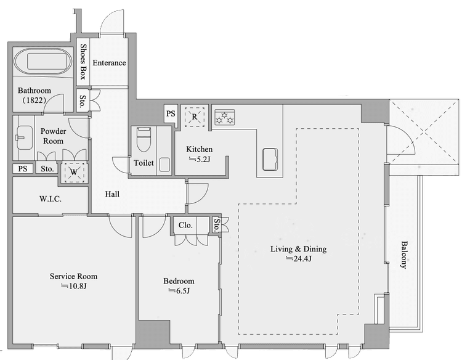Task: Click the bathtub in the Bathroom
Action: click(x=43, y=61)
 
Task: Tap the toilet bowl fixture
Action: click(x=144, y=139)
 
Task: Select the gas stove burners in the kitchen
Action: click(x=224, y=117)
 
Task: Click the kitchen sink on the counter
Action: click(x=270, y=160)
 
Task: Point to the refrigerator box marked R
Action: click(x=195, y=117)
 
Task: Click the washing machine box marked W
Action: click(x=74, y=171)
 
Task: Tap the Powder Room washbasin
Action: click(x=25, y=137)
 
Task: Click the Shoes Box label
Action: click(x=83, y=62)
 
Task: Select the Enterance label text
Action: click(x=109, y=62)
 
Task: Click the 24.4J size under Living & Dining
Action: click(x=299, y=258)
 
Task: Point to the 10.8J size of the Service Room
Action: click(x=74, y=285)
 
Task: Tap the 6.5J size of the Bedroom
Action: click(x=179, y=291)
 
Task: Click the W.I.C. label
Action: click(x=51, y=198)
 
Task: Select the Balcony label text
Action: click(x=404, y=255)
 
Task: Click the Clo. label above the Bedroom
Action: click(x=185, y=225)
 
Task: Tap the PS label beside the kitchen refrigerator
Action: click(x=171, y=113)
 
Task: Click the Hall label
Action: click(x=112, y=194)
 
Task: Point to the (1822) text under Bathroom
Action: click(x=34, y=100)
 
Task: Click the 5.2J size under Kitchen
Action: click(x=200, y=160)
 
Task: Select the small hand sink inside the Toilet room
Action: click(x=164, y=165)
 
